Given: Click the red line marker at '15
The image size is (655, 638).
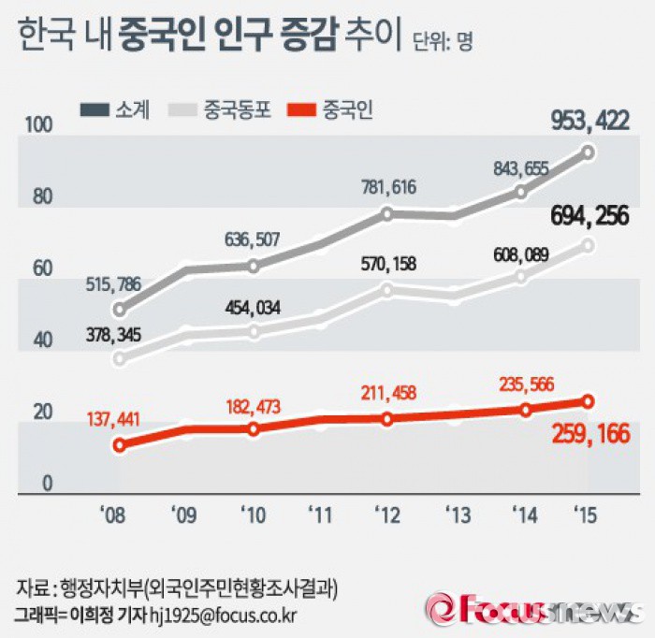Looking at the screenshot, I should click(588, 401).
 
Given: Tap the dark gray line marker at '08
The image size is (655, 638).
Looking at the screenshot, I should click(119, 310).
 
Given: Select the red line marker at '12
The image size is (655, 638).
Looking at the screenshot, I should click(387, 418).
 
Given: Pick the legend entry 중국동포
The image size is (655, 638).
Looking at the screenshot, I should click(224, 110).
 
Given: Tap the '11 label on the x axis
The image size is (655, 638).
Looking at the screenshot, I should click(320, 514).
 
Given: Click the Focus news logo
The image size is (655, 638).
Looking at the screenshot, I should click(533, 609).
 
